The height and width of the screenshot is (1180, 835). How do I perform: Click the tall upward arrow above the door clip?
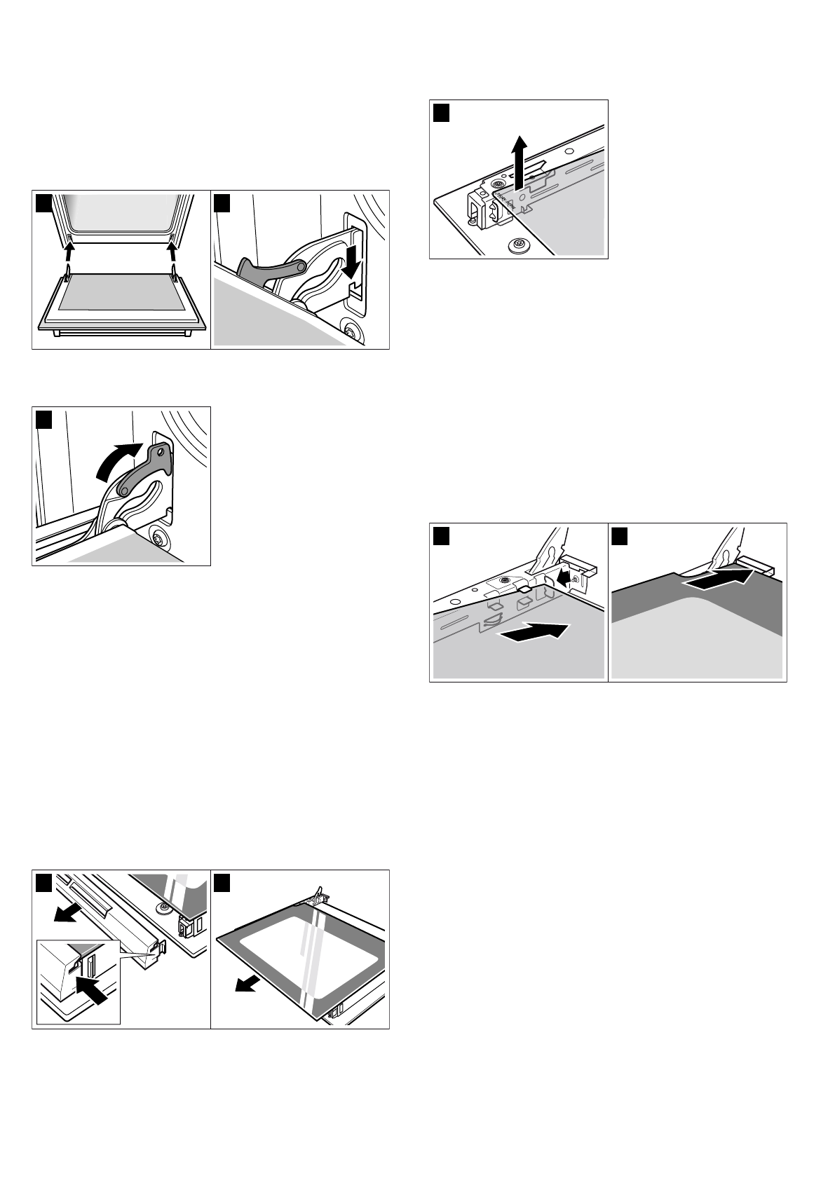tap(518, 162)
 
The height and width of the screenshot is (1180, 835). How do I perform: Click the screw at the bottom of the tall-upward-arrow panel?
tap(520, 245)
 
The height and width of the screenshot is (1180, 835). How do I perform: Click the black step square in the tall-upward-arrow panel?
tap(441, 112)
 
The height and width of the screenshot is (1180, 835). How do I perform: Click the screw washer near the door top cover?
tap(163, 909)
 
